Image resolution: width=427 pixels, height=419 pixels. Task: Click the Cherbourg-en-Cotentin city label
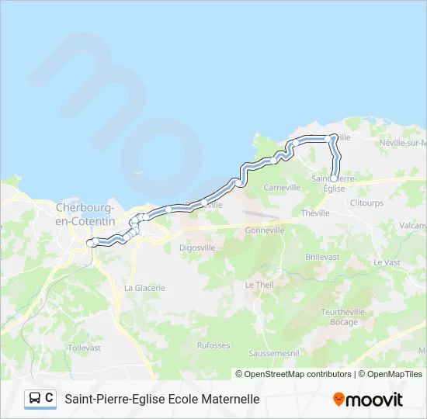tap(85, 214)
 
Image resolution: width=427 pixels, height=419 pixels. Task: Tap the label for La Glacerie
tap(144, 287)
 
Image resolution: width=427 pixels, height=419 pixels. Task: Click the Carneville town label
tap(282, 188)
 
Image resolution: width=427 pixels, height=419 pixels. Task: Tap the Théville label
tap(315, 213)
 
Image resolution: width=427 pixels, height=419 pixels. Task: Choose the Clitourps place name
tap(366, 203)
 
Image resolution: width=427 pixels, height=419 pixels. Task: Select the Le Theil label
tap(259, 285)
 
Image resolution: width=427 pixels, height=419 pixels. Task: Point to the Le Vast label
tap(386, 262)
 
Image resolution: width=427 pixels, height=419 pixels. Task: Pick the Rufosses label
tap(213, 345)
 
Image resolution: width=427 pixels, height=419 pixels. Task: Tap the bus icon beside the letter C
tap(35, 399)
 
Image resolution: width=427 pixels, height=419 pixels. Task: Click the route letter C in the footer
tap(50, 399)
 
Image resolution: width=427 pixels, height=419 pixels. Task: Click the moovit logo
tap(368, 400)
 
